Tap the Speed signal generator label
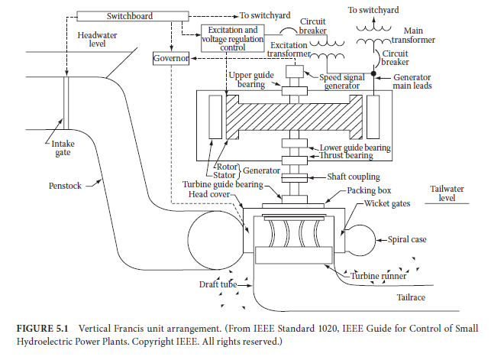click(x=347, y=81)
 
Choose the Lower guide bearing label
click(x=355, y=147)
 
